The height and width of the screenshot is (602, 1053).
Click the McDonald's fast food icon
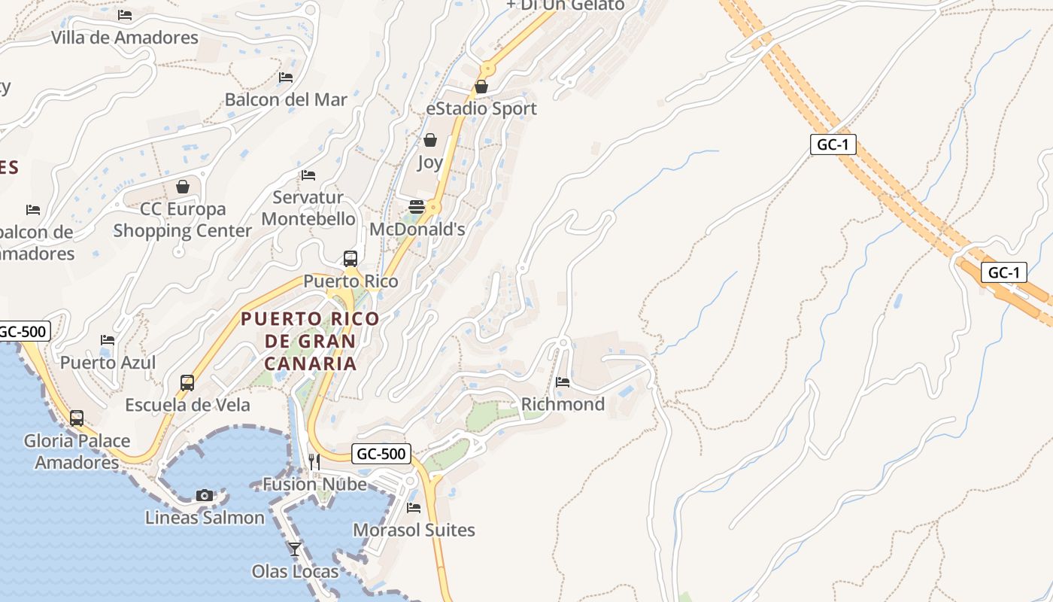pyautogui.click(x=417, y=207)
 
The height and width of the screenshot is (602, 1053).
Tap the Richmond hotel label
pyautogui.click(x=563, y=404)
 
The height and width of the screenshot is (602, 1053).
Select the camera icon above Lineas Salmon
pyautogui.click(x=204, y=495)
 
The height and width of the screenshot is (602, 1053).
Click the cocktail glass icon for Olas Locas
pyautogui.click(x=295, y=549)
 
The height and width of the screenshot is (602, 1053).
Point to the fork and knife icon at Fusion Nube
pyautogui.click(x=314, y=461)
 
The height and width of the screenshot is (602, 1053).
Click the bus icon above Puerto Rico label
pyautogui.click(x=350, y=259)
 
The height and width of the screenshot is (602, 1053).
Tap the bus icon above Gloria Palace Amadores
pyautogui.click(x=77, y=418)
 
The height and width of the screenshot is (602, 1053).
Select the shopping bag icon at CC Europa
pyautogui.click(x=182, y=186)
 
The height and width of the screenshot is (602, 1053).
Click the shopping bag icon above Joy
pyautogui.click(x=430, y=140)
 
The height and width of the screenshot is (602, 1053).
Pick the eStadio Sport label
pyautogui.click(x=481, y=108)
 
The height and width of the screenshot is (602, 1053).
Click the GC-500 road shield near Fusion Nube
pyautogui.click(x=381, y=454)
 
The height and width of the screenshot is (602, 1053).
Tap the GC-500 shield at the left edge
pyautogui.click(x=23, y=331)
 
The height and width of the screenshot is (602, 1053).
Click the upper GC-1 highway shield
pyautogui.click(x=833, y=144)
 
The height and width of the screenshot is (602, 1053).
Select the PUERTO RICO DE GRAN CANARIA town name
pyautogui.click(x=310, y=341)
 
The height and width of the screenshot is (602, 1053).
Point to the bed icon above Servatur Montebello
pyautogui.click(x=308, y=175)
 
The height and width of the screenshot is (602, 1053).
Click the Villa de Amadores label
pyautogui.click(x=125, y=37)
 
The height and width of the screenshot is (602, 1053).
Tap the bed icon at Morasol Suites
pyautogui.click(x=414, y=508)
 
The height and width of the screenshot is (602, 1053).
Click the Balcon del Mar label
pyautogui.click(x=286, y=99)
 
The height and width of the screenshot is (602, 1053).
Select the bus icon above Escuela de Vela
pyautogui.click(x=187, y=382)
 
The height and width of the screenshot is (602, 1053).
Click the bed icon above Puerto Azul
pyautogui.click(x=108, y=340)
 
